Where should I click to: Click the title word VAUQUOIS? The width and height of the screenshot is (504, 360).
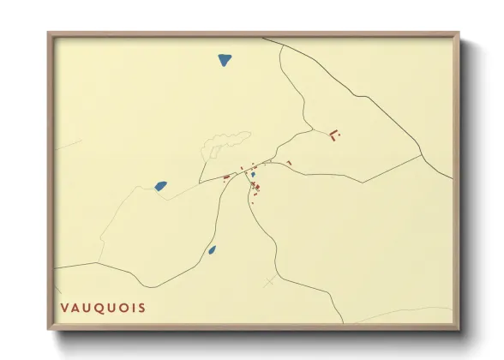coord(102,308)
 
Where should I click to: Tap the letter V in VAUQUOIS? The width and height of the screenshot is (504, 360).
coord(63,308)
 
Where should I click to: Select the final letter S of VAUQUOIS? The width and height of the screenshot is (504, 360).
coord(141,308)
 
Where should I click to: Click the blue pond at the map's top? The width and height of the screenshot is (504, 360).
coord(225,60)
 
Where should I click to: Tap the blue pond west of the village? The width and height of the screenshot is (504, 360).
coord(160,185)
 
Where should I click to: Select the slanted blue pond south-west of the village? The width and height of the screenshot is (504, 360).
coord(212,250)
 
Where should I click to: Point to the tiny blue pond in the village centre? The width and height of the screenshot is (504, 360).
coord(253,174)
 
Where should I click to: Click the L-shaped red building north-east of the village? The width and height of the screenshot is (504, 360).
coord(334,135)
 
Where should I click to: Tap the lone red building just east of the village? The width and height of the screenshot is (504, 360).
coord(290,163)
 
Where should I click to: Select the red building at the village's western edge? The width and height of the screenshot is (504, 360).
coord(226,177)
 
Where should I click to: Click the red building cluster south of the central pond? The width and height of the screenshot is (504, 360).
coord(255,187)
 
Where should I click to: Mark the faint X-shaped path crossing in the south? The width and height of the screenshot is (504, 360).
coord(271,281)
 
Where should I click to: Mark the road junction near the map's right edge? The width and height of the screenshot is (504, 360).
coord(421,155)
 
